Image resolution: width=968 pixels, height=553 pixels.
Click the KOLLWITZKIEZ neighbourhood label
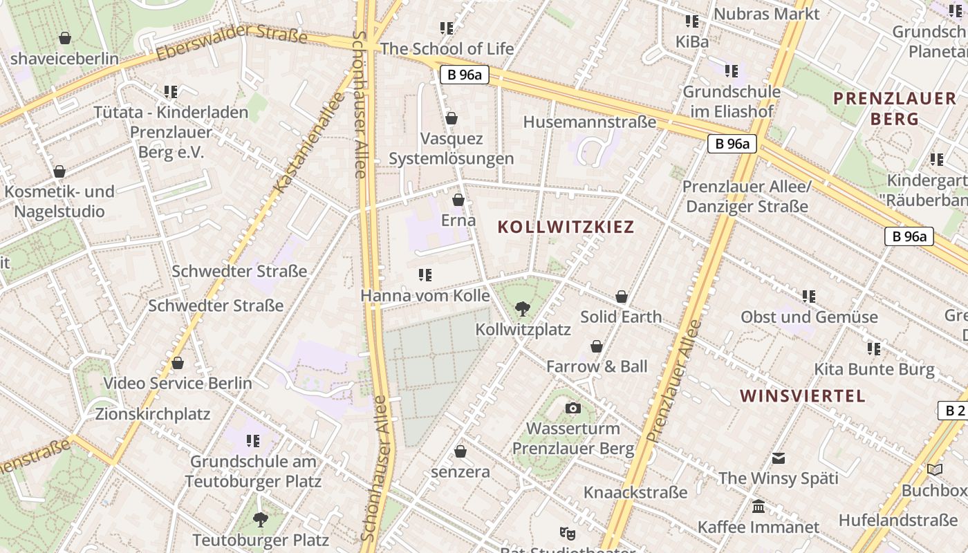click(x=566, y=227)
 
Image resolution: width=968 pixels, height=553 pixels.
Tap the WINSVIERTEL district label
click(x=802, y=396)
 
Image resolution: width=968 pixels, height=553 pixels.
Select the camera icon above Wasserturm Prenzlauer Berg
click(x=573, y=409)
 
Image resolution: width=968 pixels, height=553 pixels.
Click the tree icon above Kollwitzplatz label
click(x=523, y=309)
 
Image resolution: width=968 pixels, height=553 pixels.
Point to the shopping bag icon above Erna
click(x=458, y=200)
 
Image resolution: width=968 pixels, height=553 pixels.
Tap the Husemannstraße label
click(x=589, y=122)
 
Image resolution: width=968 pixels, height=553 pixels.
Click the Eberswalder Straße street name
click(x=232, y=43)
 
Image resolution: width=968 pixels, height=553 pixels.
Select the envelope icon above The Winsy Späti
click(x=779, y=458)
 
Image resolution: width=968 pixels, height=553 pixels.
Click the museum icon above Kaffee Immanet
click(x=758, y=507)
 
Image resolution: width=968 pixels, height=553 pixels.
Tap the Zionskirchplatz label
click(x=153, y=415)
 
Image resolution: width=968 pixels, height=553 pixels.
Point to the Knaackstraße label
click(x=635, y=492)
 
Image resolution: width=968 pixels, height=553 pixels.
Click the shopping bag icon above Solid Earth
click(x=622, y=297)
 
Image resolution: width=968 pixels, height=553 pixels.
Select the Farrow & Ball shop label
click(x=597, y=366)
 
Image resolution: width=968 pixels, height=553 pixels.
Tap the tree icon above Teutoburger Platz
click(x=260, y=519)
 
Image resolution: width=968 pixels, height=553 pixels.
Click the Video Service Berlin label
click(x=178, y=383)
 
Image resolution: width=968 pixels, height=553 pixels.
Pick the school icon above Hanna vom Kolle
click(x=425, y=275)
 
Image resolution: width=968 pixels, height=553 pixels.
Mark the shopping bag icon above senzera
click(x=460, y=451)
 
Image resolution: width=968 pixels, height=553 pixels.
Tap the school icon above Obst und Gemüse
click(x=809, y=297)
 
